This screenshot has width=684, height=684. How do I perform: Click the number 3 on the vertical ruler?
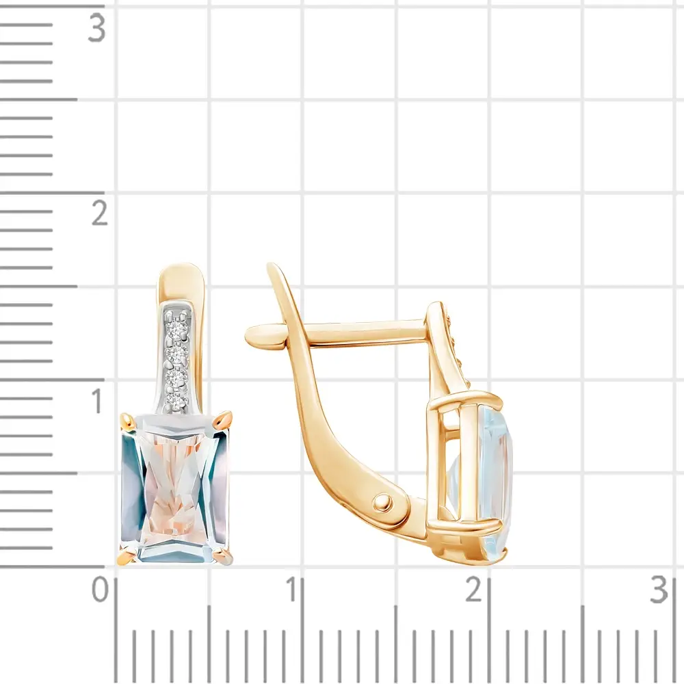pos(97,28)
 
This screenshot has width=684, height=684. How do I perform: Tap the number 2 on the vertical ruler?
pos(99,213)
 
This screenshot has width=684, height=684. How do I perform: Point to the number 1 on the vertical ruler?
pos(98,400)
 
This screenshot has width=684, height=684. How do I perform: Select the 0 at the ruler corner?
pos(100,590)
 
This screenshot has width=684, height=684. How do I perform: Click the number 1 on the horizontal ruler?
pos(292,590)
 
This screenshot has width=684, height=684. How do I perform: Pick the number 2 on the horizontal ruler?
pos(474,590)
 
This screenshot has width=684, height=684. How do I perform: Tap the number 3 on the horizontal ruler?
pos(659,590)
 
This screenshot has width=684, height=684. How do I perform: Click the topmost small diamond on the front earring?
pos(177,328)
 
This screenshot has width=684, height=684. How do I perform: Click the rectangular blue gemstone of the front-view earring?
pos(176,488)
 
